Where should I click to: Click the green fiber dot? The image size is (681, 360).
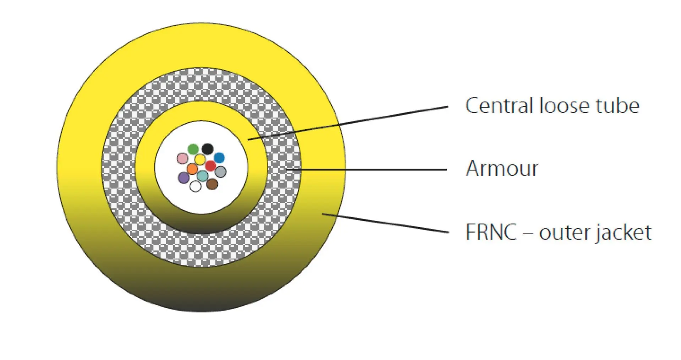click(x=193, y=149)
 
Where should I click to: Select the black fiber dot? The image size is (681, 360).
click(x=207, y=149)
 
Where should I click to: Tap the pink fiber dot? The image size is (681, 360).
click(x=182, y=158)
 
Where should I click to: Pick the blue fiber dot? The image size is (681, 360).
click(x=219, y=158)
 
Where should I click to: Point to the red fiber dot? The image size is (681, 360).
click(x=210, y=166)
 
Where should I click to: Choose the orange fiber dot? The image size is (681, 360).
click(x=192, y=169)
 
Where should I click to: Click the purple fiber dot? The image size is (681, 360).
click(x=183, y=178)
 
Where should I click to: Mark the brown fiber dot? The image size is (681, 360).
click(x=212, y=184)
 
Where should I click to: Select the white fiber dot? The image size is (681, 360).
click(x=196, y=186)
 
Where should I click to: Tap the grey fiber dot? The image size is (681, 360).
click(x=220, y=172)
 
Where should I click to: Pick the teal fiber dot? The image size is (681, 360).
click(x=203, y=176)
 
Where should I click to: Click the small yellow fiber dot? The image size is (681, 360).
click(x=200, y=160)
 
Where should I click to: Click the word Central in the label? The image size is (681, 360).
click(x=500, y=106)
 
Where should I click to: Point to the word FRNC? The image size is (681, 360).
click(x=491, y=232)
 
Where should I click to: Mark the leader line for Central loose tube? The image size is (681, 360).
click(x=348, y=123)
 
